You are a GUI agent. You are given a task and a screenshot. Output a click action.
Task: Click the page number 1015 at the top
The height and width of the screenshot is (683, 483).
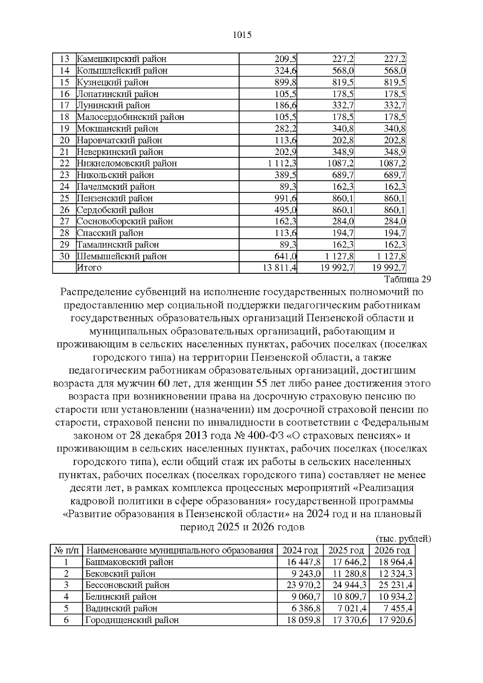click(x=242, y=35)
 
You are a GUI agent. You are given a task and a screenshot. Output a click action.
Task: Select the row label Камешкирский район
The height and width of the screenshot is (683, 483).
click(x=122, y=59)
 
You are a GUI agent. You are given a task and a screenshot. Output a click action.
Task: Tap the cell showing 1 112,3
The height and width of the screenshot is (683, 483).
click(x=282, y=163)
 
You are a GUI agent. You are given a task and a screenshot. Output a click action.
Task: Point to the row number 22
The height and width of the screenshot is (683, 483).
click(x=64, y=163)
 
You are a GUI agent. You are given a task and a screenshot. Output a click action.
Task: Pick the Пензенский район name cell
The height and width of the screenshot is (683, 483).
click(x=115, y=198)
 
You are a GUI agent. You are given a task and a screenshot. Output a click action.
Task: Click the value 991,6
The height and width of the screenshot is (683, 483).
click(x=285, y=198)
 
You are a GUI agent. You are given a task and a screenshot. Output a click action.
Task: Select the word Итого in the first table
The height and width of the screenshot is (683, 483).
click(x=89, y=268)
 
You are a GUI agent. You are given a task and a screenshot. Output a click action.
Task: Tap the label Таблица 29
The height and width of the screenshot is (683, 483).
click(x=407, y=279)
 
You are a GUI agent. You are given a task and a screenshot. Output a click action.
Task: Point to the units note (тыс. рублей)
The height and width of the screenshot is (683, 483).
click(x=403, y=539)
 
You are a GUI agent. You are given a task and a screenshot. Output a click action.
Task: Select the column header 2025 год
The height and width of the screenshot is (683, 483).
click(x=346, y=551)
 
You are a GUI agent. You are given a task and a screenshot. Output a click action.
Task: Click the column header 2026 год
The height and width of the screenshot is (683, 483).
click(x=392, y=551)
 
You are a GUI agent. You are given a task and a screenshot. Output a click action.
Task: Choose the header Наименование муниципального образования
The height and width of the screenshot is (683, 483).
click(x=180, y=551)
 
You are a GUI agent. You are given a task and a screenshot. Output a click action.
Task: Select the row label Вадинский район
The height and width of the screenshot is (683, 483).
click(x=121, y=609)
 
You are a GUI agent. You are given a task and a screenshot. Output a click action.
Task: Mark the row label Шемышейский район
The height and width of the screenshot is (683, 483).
click(x=122, y=256)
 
